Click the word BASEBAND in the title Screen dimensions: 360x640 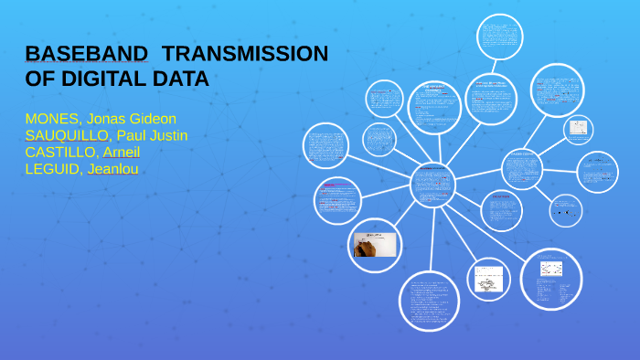tap(87, 54)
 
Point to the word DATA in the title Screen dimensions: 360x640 tap(184, 79)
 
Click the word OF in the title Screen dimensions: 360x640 tap(41, 79)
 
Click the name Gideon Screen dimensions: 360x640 tap(152, 119)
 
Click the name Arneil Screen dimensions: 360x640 tap(123, 152)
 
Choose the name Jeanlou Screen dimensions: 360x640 tap(112, 168)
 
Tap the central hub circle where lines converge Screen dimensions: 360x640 tap(432, 185)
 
